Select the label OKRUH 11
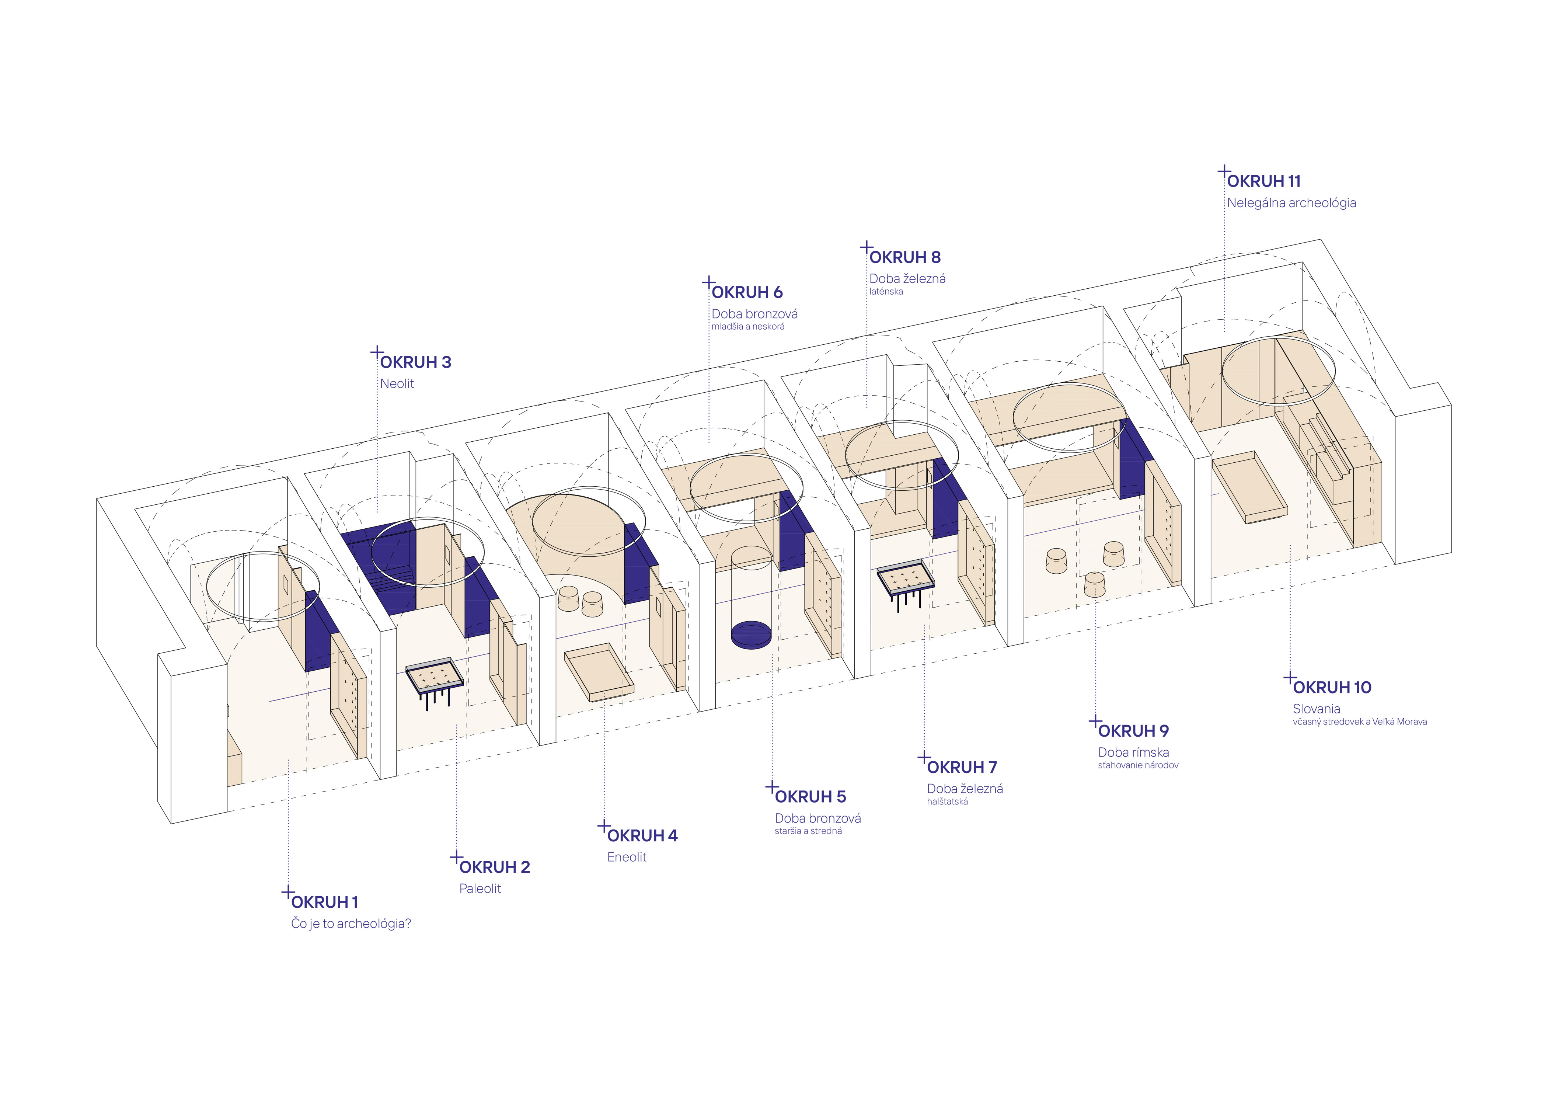(1263, 181)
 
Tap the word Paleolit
(480, 889)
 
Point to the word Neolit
(397, 384)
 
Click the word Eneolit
(626, 857)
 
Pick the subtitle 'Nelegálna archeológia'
(1291, 203)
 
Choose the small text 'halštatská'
(947, 802)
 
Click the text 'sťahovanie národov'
(1138, 765)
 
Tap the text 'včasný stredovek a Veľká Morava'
(1359, 722)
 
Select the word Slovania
(1316, 709)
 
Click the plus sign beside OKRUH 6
(709, 282)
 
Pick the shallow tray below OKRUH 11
(1249, 487)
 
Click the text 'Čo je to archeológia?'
(351, 924)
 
